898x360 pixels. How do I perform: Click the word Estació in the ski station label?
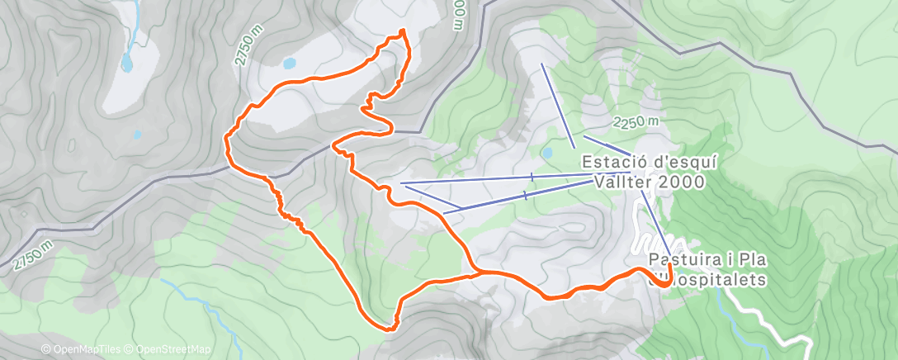point(612,162)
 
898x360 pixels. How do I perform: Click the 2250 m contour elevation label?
point(636,121)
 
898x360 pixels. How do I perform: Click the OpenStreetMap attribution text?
point(170,349)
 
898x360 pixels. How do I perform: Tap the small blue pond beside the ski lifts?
point(546,153)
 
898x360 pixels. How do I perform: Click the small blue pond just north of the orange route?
point(289,62)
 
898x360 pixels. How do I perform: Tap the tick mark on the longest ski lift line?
point(532,177)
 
